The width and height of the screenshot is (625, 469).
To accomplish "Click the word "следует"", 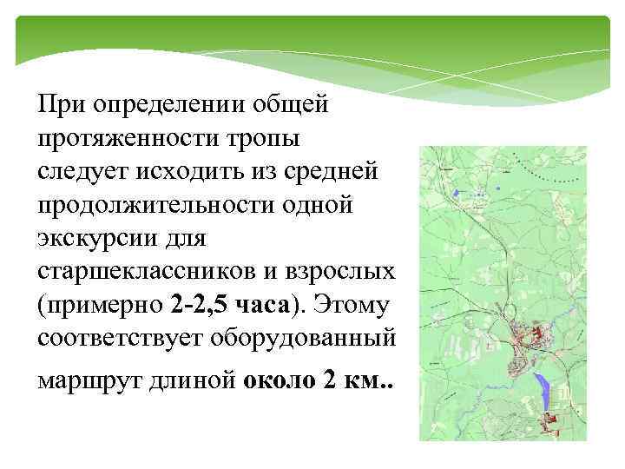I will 81,172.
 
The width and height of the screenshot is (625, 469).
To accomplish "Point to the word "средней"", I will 334,172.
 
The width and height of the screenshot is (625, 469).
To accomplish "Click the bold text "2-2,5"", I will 196,305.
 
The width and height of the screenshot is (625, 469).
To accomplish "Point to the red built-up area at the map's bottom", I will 551,422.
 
